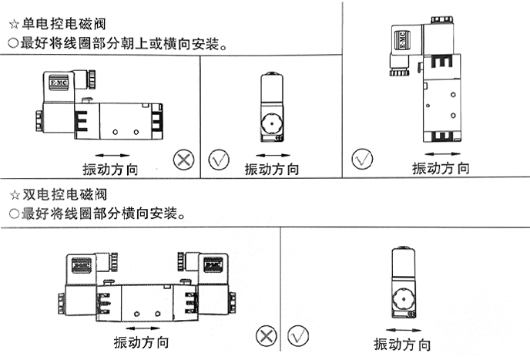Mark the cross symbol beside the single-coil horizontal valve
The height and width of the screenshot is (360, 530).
(183, 160)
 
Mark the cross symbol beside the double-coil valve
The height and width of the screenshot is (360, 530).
(267, 336)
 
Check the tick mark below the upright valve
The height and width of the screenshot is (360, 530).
(362, 160)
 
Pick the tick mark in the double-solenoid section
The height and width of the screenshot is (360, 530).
(297, 336)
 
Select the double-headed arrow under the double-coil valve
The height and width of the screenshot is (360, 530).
(141, 328)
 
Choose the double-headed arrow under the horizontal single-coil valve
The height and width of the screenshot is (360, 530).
(112, 155)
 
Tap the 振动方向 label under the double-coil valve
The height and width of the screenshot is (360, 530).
(141, 342)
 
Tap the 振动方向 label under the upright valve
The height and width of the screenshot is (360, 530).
(440, 169)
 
